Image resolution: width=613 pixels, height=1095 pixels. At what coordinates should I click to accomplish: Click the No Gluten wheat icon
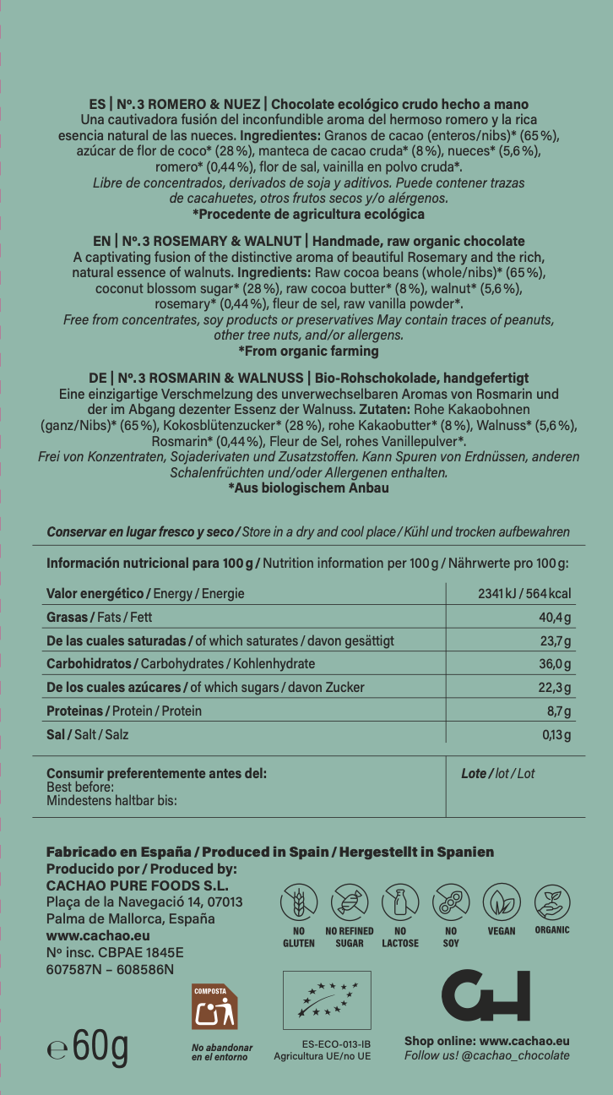(x=298, y=903)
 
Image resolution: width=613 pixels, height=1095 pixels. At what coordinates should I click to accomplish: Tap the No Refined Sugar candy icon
(x=349, y=903)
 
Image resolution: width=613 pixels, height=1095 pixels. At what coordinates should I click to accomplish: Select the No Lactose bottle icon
(x=399, y=903)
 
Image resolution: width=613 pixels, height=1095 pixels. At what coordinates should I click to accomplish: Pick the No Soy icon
(x=451, y=903)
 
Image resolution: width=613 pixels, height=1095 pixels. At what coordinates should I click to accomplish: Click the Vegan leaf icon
(x=502, y=903)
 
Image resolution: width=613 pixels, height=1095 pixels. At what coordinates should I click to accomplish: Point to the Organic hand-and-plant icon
(x=552, y=903)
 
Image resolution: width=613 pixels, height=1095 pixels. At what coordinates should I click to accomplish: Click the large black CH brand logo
(x=486, y=997)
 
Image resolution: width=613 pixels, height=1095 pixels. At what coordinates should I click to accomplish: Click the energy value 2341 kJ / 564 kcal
(x=524, y=593)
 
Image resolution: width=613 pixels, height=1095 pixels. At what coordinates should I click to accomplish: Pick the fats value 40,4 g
(x=556, y=618)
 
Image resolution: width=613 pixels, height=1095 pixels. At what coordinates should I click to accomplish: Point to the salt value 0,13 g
(x=556, y=734)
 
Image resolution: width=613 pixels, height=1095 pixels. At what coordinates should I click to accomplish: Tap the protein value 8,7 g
(x=559, y=711)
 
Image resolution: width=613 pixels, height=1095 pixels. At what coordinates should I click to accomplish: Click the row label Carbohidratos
(x=91, y=663)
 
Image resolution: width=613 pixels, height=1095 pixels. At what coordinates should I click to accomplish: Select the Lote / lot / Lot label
(x=498, y=773)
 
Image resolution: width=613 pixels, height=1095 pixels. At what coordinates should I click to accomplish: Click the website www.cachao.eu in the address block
(x=98, y=935)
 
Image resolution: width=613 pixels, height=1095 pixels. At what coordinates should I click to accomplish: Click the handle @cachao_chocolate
(x=516, y=1055)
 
